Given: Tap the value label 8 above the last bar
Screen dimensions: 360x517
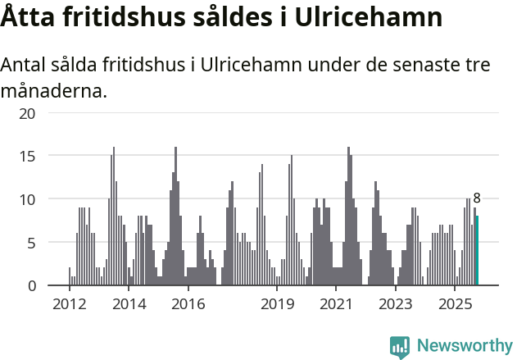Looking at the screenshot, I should pyautogui.click(x=477, y=198).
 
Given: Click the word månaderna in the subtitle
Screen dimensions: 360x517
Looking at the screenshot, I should pyautogui.click(x=54, y=90).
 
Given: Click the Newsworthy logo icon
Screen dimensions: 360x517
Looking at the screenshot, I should pyautogui.click(x=400, y=346).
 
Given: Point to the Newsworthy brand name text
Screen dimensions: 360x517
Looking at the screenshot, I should pyautogui.click(x=465, y=346).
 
